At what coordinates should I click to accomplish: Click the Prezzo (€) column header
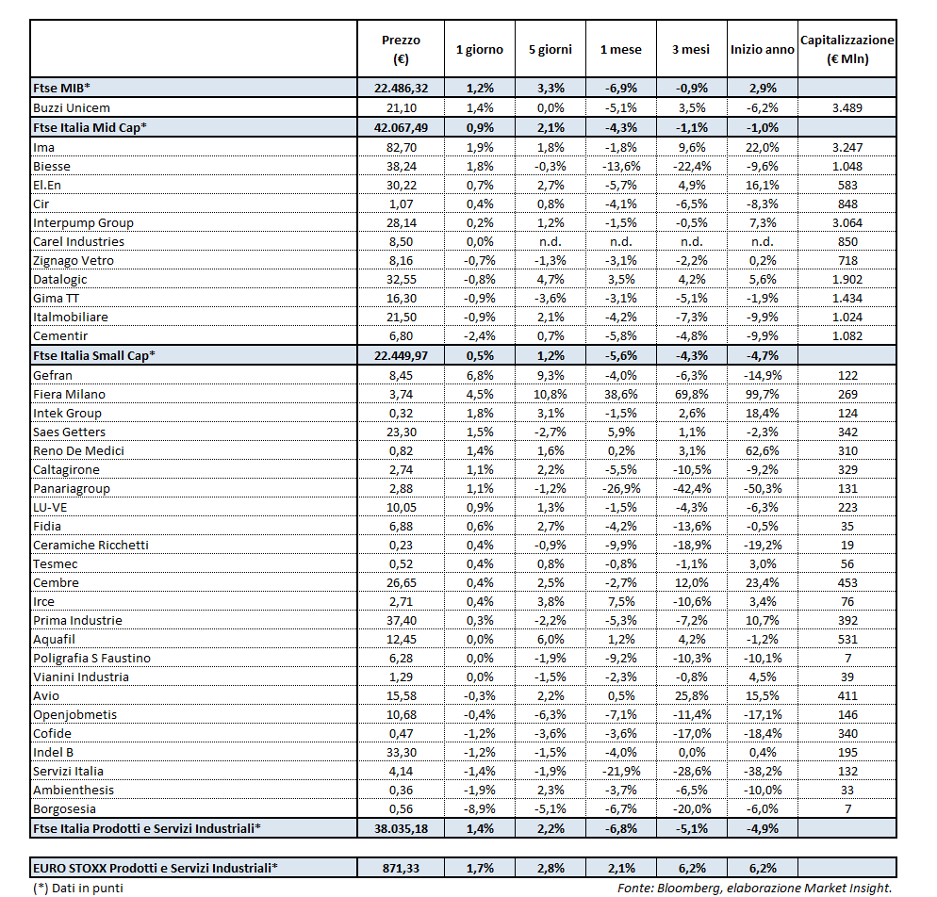coord(401,50)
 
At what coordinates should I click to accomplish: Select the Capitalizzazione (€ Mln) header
coord(847,50)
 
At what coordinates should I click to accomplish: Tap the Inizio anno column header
coord(762,50)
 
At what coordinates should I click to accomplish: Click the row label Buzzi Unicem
coord(71,107)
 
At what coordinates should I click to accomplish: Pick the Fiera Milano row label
coord(69,394)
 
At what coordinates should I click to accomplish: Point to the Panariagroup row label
coord(72,488)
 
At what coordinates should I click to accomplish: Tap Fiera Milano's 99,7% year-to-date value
coord(762,394)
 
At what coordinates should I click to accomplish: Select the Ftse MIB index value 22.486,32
coord(401,88)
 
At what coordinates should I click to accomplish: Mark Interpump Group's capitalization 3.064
coord(847,222)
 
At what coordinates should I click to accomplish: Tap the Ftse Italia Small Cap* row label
coord(94,355)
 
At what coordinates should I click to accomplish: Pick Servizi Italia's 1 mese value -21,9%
coord(620,771)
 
